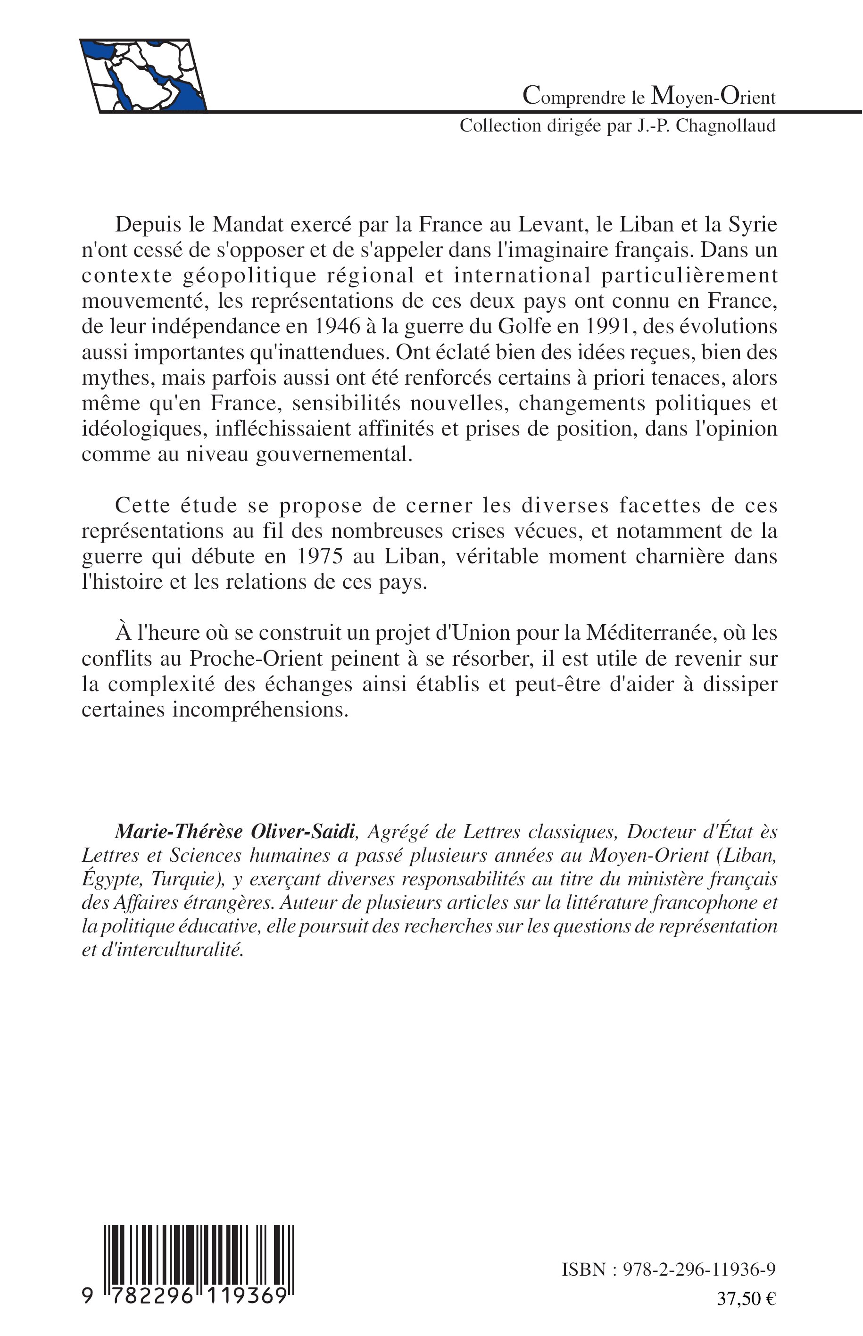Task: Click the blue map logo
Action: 143,75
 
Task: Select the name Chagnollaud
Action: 726,126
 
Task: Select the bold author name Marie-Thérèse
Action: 179,832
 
